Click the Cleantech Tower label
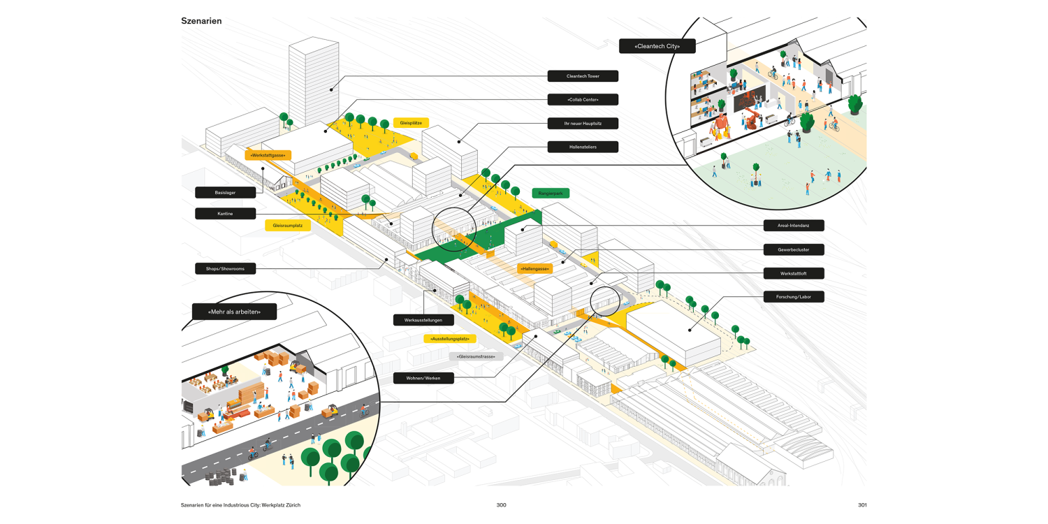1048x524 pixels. click(583, 76)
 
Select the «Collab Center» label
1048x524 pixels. click(583, 99)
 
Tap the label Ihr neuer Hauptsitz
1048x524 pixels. click(583, 123)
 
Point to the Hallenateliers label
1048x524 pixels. click(583, 147)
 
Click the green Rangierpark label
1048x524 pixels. click(551, 193)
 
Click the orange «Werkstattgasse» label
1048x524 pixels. click(268, 155)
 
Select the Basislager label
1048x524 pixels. click(225, 192)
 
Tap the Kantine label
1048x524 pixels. click(225, 214)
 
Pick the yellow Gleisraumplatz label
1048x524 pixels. click(288, 225)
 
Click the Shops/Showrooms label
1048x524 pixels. click(225, 268)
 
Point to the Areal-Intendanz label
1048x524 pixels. click(792, 226)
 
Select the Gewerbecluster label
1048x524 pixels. click(792, 249)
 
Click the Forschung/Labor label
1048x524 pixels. click(792, 296)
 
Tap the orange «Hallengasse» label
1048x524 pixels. click(534, 268)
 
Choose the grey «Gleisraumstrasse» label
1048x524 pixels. click(476, 356)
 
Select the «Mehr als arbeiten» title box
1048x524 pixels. click(234, 312)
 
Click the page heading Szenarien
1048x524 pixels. click(201, 21)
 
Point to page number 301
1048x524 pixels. click(862, 505)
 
